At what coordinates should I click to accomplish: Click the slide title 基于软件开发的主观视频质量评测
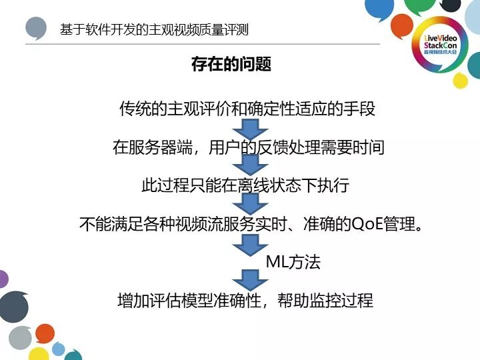point(159,30)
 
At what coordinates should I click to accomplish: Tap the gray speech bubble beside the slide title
point(36,29)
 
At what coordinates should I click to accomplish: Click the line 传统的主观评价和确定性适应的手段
point(247,108)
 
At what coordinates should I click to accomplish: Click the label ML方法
point(293,262)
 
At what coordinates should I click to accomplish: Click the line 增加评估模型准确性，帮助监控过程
point(245,300)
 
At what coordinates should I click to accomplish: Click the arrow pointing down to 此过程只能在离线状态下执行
point(245,165)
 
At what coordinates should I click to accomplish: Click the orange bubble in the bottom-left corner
point(45,333)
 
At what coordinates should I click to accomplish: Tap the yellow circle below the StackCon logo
point(460,81)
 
